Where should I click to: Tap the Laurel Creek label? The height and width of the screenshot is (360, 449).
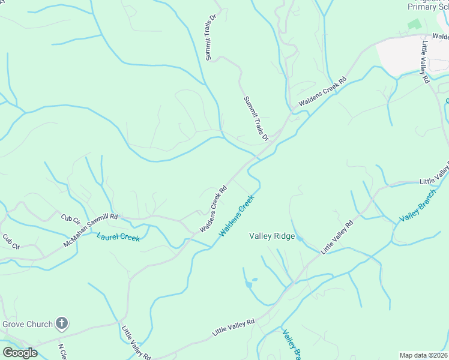[x=118, y=238]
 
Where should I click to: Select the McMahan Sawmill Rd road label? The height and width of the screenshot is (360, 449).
[x=90, y=231]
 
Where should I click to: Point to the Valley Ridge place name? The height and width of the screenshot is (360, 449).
[x=272, y=236]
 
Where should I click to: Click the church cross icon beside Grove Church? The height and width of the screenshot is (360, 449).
[x=61, y=324]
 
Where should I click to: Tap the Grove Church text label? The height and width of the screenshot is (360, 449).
[x=28, y=325]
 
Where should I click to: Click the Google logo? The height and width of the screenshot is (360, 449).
[x=20, y=352]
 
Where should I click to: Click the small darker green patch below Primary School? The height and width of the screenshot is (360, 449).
[x=414, y=25]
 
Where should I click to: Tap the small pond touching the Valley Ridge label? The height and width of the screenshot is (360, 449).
[x=300, y=239]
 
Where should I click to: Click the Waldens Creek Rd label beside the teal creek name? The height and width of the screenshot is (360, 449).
[x=213, y=209]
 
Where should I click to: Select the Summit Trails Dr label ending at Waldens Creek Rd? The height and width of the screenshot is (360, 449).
[x=256, y=119]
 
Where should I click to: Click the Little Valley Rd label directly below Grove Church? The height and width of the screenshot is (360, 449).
[x=134, y=342]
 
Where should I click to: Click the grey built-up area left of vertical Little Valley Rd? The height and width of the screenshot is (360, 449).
[x=399, y=57]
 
